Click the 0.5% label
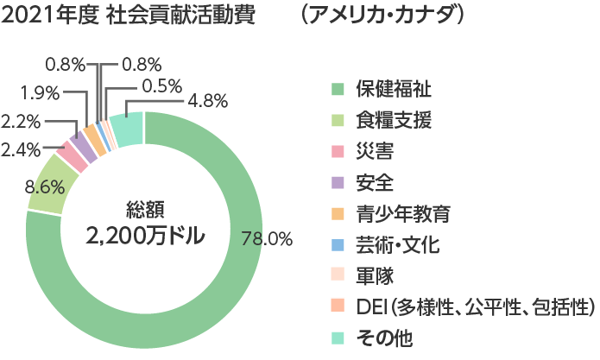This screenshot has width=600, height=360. click(x=161, y=85)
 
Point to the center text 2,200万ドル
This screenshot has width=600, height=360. click(x=144, y=236)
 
